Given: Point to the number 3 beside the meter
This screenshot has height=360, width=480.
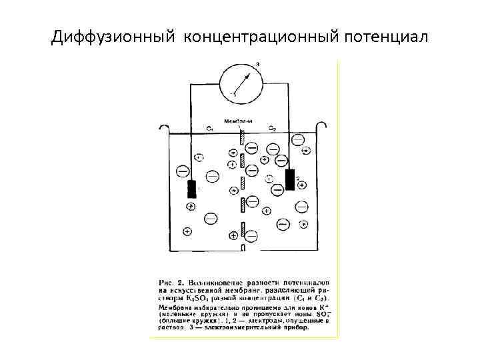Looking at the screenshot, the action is coord(257,64).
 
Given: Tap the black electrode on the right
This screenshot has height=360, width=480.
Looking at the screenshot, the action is coord(290,179).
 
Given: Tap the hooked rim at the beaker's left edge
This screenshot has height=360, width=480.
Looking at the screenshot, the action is coord(164,127).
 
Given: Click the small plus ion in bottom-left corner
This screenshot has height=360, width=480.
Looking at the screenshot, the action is coord(187,231).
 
